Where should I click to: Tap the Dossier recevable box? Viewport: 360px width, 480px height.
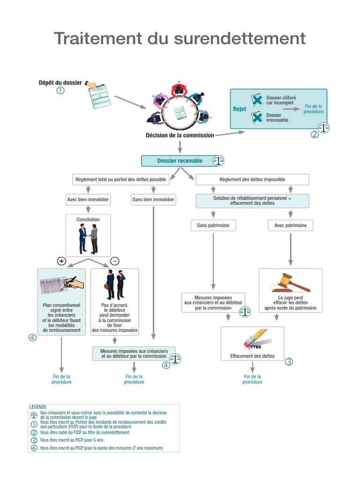point(180,161)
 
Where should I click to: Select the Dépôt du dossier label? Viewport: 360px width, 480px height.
point(60,82)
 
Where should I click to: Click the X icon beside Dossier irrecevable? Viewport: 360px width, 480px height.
point(257,118)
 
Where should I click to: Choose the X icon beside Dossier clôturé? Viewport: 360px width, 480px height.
point(257,100)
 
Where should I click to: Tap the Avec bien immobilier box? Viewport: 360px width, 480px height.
point(88,200)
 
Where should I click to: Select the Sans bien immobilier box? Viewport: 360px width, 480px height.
point(153,200)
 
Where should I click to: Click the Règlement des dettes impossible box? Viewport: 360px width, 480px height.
point(252,180)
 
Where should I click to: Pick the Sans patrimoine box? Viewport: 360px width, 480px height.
point(213,225)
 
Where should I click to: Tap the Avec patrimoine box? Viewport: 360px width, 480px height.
point(291,225)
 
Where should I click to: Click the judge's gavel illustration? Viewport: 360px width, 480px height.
point(291,282)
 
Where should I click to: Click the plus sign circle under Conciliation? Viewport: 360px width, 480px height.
point(61,261)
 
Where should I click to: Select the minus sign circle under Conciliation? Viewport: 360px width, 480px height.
point(114,261)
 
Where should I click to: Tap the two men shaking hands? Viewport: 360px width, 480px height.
point(88,238)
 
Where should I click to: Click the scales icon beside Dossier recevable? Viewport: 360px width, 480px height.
point(218,161)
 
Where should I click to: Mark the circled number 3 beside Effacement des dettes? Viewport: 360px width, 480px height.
point(289,361)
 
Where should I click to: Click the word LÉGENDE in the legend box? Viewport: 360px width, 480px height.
point(38,407)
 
